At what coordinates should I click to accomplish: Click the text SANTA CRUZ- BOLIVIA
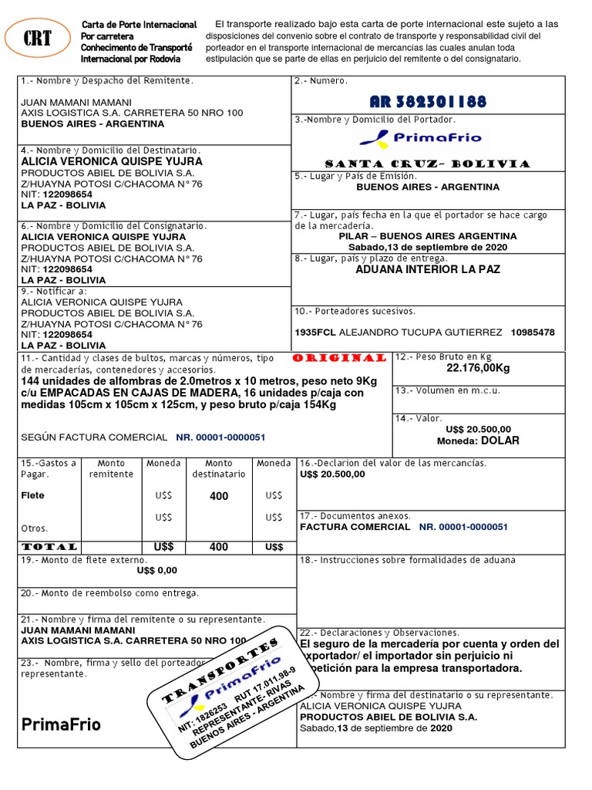[428, 164]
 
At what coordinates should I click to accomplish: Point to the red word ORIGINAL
[340, 358]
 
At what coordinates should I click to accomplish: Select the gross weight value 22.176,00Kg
[478, 368]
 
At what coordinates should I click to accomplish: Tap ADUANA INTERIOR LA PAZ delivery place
[428, 269]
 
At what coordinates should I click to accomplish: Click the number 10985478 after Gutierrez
[533, 333]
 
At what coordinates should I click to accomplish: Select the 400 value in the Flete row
[219, 496]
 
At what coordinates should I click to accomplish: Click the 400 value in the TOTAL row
[219, 546]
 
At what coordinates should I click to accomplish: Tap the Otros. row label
[34, 528]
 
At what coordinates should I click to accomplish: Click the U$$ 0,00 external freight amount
[156, 570]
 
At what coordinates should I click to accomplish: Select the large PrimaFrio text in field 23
[61, 724]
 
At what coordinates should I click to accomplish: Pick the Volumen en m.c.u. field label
[448, 390]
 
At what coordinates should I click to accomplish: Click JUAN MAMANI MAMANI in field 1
[76, 103]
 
